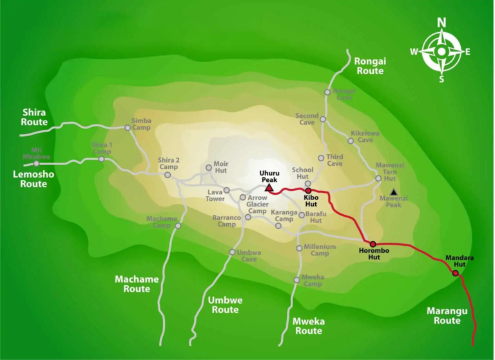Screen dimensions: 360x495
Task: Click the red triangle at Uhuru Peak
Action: [269, 188]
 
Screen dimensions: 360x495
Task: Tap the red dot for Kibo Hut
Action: [308, 190]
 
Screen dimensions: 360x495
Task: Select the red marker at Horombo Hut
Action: [373, 245]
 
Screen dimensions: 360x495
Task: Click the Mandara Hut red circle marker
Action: [455, 273]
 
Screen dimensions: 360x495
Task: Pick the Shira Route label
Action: [34, 117]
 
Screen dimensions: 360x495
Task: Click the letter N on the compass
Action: [442, 23]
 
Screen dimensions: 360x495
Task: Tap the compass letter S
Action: [442, 79]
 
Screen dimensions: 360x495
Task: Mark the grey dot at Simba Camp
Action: [128, 128]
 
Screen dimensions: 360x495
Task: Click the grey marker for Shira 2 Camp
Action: [168, 175]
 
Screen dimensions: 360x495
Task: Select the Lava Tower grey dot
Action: [227, 190]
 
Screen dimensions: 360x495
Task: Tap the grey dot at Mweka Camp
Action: [296, 279]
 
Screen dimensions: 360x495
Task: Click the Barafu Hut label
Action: [314, 216]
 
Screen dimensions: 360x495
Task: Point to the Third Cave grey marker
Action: [321, 158]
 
